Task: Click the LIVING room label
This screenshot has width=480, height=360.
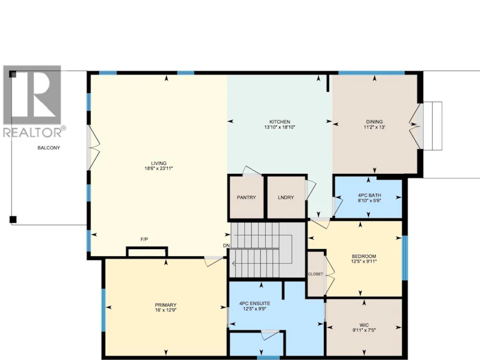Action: [x=159, y=163]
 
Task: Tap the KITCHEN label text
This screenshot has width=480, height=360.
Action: [x=279, y=122]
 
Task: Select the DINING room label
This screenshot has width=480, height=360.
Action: [x=374, y=122]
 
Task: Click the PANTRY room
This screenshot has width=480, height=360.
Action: [x=247, y=198]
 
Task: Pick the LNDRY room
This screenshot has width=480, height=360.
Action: [x=286, y=198]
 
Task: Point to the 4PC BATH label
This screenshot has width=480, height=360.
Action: [x=369, y=195]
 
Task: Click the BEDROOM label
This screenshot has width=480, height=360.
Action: [x=364, y=256]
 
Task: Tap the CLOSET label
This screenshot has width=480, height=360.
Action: [x=316, y=274]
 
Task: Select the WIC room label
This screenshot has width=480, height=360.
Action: [x=364, y=325]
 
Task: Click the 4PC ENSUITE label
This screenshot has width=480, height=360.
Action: [x=255, y=304]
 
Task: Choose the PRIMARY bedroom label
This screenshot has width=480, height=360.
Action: [x=166, y=305]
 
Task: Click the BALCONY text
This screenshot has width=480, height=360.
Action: [x=48, y=148]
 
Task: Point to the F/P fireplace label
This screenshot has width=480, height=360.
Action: [x=144, y=239]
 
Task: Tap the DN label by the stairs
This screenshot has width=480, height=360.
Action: [x=226, y=245]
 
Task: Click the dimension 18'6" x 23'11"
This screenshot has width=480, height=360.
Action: [x=159, y=168]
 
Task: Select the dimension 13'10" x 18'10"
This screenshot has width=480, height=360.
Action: [x=279, y=127]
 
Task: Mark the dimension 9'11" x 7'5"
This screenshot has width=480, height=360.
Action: [x=364, y=330]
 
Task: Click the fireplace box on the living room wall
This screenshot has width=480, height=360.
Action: [x=147, y=252]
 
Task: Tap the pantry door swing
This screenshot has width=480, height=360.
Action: [x=252, y=171]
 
